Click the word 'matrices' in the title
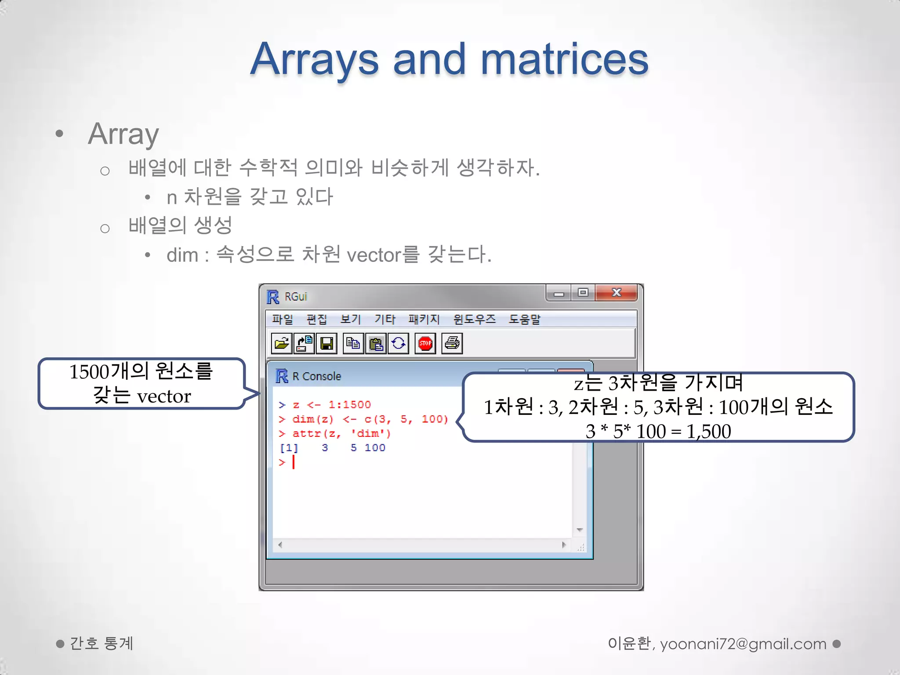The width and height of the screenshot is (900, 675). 564,60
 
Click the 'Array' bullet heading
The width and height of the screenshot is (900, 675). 123,134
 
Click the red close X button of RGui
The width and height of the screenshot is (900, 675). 616,293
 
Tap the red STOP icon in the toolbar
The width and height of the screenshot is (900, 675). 425,343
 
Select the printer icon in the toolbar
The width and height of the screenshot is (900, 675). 452,343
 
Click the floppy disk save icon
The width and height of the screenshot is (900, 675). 327,343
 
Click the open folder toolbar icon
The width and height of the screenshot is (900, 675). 281,343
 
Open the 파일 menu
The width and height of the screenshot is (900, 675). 282,319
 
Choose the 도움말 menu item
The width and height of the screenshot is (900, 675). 524,319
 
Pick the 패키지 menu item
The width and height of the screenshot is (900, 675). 424,319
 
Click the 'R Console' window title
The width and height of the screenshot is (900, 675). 316,376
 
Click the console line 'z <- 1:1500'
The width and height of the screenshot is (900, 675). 331,404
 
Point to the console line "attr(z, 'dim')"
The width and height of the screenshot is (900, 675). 341,433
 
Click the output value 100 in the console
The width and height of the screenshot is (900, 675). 375,448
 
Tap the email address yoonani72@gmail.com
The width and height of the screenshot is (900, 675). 743,644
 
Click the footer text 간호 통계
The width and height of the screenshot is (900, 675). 101,643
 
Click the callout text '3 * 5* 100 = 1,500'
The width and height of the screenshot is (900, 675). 658,431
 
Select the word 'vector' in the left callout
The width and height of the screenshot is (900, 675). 163,396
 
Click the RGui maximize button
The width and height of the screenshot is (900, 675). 583,293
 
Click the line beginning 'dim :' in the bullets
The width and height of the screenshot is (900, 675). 329,254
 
